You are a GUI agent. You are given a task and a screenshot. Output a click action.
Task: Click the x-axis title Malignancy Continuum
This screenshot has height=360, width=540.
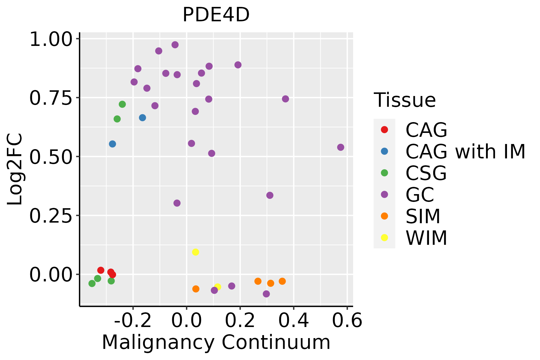coord(216,343)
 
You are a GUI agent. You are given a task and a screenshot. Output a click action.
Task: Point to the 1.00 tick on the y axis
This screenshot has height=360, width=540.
coord(51,39)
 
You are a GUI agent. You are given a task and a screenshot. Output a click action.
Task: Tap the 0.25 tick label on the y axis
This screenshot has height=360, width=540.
coord(51,216)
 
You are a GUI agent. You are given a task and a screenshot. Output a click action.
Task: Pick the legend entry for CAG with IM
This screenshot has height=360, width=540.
coord(465,151)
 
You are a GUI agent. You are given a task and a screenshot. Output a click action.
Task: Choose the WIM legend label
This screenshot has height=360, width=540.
coord(426,238)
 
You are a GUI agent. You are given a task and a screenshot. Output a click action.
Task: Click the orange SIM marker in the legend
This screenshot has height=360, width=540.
coord(384,216)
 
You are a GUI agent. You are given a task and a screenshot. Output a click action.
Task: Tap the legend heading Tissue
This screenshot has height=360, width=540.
coord(405,100)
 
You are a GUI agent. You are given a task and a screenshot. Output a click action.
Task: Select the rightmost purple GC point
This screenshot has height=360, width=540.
coord(340,147)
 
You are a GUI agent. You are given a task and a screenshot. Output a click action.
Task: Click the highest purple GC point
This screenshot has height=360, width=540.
coord(175,45)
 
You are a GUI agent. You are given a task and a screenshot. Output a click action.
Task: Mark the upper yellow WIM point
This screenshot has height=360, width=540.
coord(196,252)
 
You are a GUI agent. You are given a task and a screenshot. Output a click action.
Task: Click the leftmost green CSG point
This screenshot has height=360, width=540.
coord(92,283)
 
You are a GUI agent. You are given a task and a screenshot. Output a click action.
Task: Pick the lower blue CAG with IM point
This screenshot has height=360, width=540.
coord(112,144)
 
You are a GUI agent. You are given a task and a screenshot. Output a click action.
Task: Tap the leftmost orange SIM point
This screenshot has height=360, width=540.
coord(196,289)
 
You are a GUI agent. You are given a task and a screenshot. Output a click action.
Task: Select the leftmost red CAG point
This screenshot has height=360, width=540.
coord(101,270)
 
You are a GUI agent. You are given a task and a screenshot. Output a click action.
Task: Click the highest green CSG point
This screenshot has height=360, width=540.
coord(122,104)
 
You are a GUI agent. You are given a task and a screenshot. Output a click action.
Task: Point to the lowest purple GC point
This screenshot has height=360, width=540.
coord(266,294)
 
